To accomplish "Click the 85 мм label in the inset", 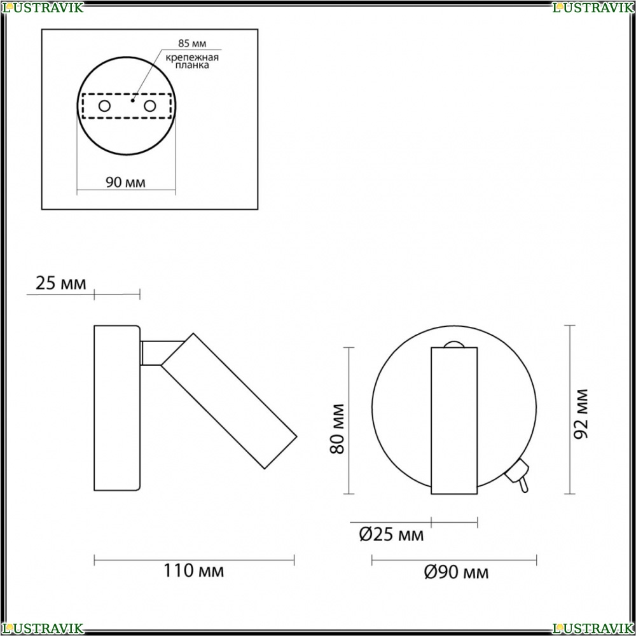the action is tap(192, 43).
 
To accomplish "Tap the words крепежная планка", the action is tap(192, 61).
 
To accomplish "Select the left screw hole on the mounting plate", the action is tap(104, 106).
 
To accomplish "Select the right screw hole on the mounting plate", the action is tap(149, 106).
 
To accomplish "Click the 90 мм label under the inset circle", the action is tap(125, 183).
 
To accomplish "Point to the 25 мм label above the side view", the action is tap(61, 283).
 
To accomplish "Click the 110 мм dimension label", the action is tap(193, 570).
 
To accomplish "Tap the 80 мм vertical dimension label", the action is tap(338, 429).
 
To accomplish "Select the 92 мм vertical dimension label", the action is tap(581, 414).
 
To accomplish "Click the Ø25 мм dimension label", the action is tap(391, 535).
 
